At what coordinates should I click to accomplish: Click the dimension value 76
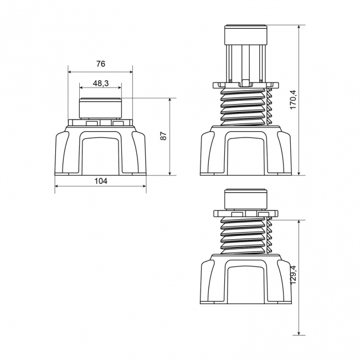tap(100, 64)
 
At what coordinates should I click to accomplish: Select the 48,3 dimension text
tap(100, 83)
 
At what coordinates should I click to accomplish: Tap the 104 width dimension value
tap(100, 181)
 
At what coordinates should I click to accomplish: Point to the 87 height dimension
tap(163, 136)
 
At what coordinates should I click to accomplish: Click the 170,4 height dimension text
tap(293, 100)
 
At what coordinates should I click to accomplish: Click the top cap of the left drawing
tap(100, 107)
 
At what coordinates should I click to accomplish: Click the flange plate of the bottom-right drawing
tap(245, 213)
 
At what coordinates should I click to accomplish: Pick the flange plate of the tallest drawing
tap(245, 84)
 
